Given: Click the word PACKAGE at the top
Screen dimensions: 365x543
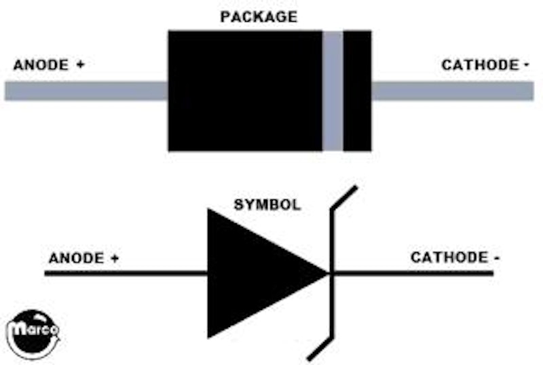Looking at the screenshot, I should (x=259, y=17).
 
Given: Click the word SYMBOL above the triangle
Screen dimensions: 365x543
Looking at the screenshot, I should (x=267, y=204).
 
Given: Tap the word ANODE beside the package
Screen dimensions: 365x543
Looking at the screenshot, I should (x=41, y=65).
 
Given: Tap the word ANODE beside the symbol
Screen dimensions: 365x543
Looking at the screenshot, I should (x=76, y=258).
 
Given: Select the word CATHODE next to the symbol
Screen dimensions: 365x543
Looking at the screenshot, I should (x=449, y=258).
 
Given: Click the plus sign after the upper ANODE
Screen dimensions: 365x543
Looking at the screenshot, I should (x=81, y=65).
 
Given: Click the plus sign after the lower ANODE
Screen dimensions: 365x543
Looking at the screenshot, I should (x=115, y=258).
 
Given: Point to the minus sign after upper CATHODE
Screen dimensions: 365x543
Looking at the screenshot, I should (x=527, y=65).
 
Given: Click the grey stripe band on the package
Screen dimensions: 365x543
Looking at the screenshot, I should (x=333, y=90).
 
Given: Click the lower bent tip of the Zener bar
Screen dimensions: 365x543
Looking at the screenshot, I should (x=318, y=349).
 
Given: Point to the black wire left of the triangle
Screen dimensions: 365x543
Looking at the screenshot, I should (x=126, y=273).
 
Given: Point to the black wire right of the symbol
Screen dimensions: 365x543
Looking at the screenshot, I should (x=414, y=273).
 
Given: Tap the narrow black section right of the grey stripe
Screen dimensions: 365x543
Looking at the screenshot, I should (x=357, y=90).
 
